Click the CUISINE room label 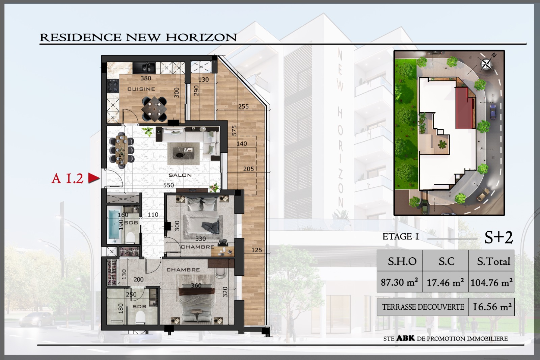141,89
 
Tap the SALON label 180,175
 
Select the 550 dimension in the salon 168,185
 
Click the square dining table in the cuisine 154,109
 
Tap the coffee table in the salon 184,154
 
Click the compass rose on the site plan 486,64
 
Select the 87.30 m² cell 400,282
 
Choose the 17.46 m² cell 445,282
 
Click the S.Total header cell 491,261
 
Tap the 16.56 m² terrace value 492,307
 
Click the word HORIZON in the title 201,37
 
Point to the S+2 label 498,237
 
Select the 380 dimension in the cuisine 145,78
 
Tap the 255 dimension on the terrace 243,106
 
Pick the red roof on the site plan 464,108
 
